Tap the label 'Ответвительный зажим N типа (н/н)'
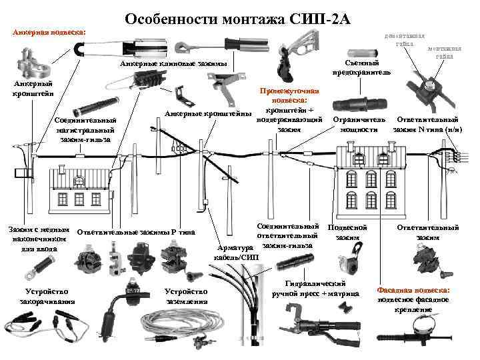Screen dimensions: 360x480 (427, 124)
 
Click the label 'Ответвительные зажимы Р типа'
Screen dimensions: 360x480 (136, 232)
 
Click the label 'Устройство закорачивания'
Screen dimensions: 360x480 (47, 297)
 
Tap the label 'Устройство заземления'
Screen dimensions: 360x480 (186, 296)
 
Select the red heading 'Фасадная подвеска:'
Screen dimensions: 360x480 (413, 291)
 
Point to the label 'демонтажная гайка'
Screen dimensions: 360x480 (400, 39)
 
